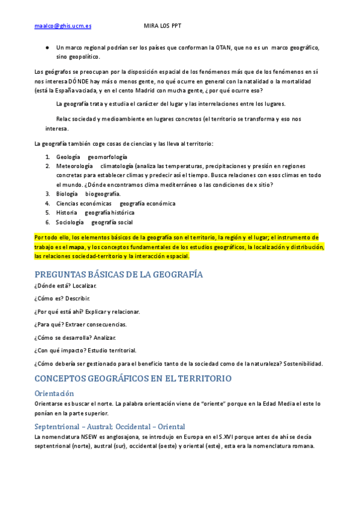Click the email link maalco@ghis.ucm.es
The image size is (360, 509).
[x=63, y=26]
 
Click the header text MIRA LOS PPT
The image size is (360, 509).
[x=163, y=26]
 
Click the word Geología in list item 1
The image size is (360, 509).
[x=68, y=156]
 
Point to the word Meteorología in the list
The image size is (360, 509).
[x=74, y=166]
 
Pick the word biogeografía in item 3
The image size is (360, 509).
[x=103, y=194]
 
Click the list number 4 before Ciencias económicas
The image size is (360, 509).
[x=47, y=203]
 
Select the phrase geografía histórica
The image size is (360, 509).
[x=109, y=212]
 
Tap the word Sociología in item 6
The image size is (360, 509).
[x=70, y=222]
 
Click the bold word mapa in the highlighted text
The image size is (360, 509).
[x=77, y=247]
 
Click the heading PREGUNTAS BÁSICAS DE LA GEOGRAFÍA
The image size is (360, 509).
[x=119, y=274]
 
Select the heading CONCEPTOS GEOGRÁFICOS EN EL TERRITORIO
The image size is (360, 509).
[x=133, y=379]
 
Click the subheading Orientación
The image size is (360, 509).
[x=55, y=393]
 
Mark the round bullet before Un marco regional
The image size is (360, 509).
[x=47, y=47]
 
